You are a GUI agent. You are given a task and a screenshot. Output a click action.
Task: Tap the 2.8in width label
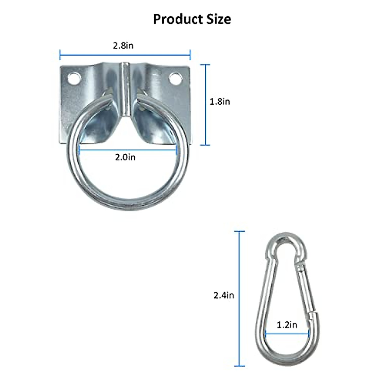[123, 46]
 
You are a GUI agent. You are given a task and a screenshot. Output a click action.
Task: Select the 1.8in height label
[220, 102]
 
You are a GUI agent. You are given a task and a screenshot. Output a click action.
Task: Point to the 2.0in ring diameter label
[125, 157]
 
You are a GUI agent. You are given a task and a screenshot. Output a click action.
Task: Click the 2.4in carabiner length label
[224, 295]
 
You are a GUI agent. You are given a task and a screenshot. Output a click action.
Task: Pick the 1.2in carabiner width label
[287, 325]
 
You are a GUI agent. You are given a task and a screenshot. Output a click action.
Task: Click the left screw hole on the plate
[74, 78]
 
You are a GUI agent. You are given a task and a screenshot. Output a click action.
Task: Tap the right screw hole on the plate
[175, 78]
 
